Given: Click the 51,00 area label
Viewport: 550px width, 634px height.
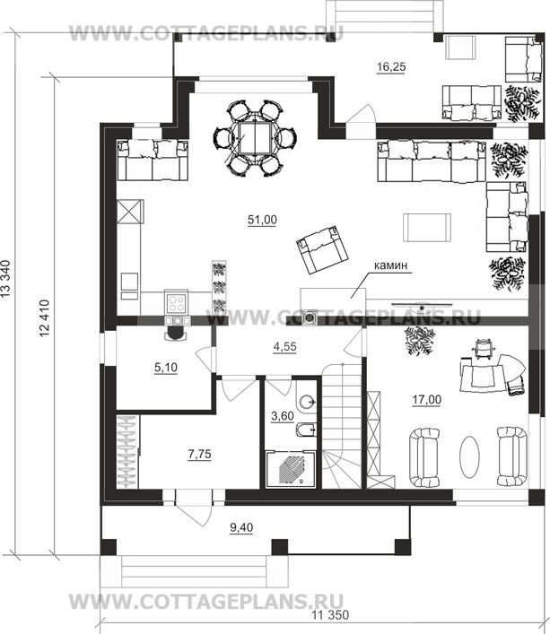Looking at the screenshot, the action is coord(262,220).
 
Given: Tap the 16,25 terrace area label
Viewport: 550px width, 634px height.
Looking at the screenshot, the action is coord(391,67).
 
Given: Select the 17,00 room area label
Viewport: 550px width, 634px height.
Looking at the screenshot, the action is coord(427,400).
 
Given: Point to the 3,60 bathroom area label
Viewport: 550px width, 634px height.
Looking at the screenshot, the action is coord(283,416).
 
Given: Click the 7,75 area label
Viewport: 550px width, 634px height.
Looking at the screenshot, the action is coord(199,455).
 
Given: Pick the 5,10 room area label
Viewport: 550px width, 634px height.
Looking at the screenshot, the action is coord(166,368).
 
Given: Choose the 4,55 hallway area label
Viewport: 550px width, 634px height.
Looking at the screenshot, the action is coord(284,347).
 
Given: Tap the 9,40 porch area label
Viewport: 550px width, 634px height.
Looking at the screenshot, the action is coord(241,527).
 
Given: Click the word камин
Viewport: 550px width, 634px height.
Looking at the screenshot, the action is coord(390,265).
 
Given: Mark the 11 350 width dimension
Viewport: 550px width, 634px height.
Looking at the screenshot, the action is coord(330,616).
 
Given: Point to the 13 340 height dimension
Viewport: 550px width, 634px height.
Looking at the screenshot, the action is coord(5,279).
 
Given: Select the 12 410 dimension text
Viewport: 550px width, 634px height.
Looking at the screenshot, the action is coord(44,318).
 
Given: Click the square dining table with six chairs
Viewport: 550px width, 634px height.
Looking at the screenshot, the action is coord(254,138).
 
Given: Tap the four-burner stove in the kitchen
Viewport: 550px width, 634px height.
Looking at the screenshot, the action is coord(177,302).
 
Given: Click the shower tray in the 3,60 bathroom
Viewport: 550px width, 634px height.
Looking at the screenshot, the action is coord(291,469).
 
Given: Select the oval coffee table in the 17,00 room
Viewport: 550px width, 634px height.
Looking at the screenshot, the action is coord(469,457).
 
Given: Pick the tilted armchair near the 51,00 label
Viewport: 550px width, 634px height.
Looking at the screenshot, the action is coord(322,249).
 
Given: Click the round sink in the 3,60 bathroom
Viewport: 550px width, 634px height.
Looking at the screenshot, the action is coord(309,402).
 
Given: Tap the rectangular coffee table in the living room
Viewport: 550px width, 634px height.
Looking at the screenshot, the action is coord(427,228).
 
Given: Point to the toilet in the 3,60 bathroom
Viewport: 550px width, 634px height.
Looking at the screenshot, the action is coord(306,430).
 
